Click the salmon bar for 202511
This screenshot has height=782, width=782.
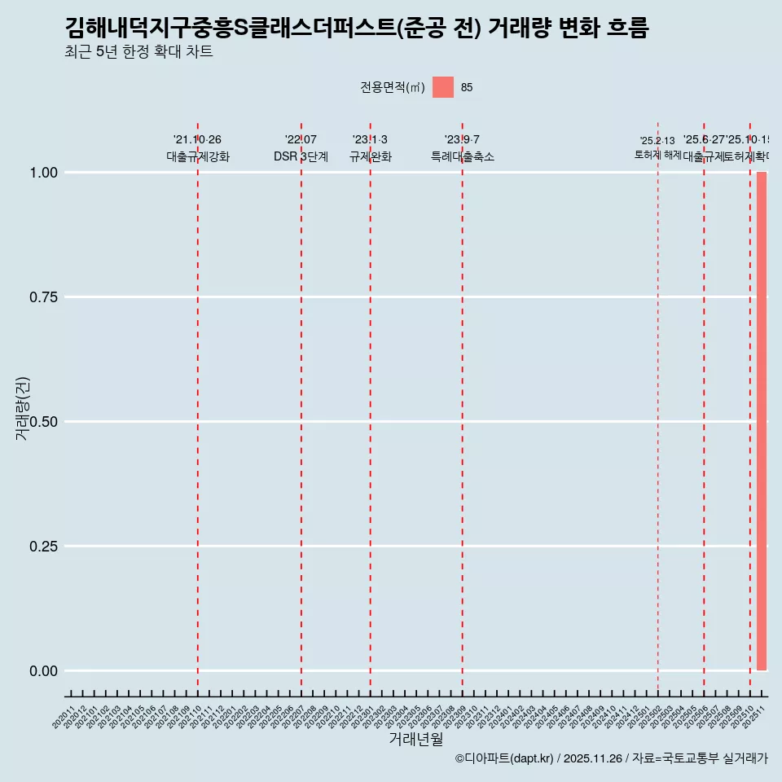[762, 421]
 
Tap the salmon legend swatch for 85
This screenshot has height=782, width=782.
[442, 87]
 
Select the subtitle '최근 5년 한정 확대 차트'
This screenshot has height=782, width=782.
[138, 52]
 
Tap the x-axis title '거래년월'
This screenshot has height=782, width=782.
[415, 739]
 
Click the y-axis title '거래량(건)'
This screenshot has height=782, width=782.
[22, 408]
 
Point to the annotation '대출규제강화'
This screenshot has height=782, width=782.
[198, 156]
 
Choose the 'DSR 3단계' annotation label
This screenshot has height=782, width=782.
[301, 156]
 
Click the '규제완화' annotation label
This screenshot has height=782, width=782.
[371, 156]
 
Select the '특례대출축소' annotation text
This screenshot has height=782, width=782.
[463, 156]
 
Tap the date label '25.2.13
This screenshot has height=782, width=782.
[657, 141]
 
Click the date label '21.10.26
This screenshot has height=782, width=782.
[197, 140]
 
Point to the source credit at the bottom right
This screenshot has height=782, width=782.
[611, 758]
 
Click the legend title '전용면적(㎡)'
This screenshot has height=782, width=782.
[393, 87]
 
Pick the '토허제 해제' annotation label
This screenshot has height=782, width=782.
[657, 155]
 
